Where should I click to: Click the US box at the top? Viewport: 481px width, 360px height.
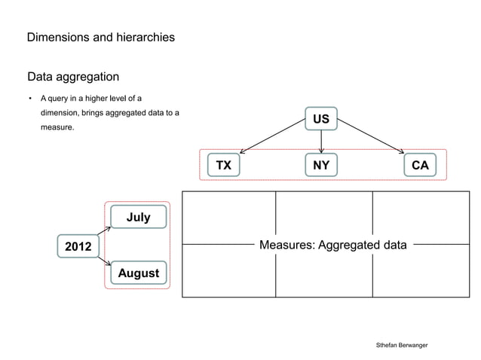point(321,119)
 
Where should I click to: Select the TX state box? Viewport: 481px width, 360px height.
point(223,165)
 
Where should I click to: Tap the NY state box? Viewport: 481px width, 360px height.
point(321,165)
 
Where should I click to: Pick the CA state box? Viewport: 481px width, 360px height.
point(420,165)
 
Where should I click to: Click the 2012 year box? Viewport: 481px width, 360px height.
point(78,246)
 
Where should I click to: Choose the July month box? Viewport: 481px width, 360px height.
point(138,217)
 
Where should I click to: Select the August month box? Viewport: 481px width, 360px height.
point(138,273)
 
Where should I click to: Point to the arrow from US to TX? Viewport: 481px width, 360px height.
point(271,141)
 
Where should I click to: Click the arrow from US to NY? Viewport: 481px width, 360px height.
point(321,142)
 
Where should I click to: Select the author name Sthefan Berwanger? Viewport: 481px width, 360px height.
point(402,344)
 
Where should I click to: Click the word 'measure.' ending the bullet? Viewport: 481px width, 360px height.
point(57,128)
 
